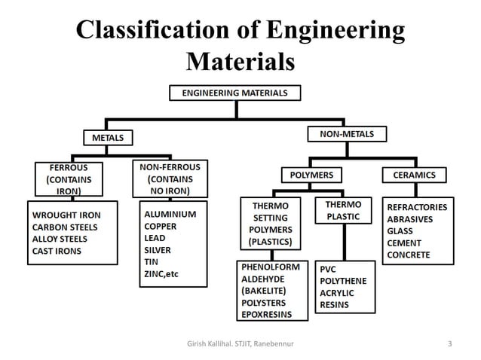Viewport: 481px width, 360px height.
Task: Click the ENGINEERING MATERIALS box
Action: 234,93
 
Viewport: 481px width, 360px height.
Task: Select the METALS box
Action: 108,138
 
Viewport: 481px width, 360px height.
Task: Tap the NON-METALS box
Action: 347,134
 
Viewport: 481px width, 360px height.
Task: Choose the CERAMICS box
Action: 414,175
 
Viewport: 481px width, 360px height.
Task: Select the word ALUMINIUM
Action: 170,214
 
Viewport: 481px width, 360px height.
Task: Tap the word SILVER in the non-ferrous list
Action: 160,249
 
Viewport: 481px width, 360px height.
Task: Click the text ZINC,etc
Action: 163,273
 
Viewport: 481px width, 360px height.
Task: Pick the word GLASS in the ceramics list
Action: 401,230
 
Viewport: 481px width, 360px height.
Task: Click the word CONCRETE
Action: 409,255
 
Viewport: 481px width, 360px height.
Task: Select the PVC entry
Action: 329,269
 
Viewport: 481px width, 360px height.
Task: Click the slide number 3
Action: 450,345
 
